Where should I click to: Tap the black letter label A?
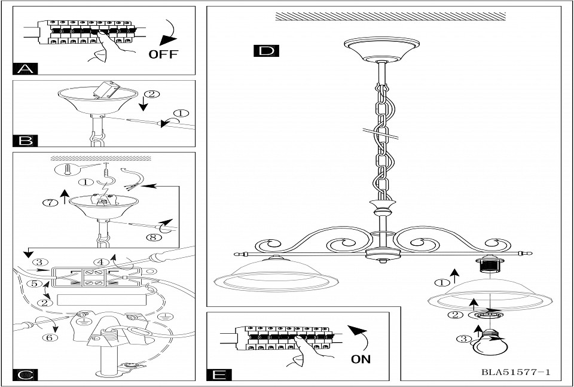click(x=25, y=68)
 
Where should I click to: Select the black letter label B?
click(x=25, y=141)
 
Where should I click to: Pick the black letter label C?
click(x=25, y=375)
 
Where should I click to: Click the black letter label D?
click(x=266, y=50)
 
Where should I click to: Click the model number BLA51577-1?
click(x=515, y=372)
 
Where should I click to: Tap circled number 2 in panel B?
click(x=153, y=94)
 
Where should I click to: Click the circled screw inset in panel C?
click(x=66, y=170)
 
